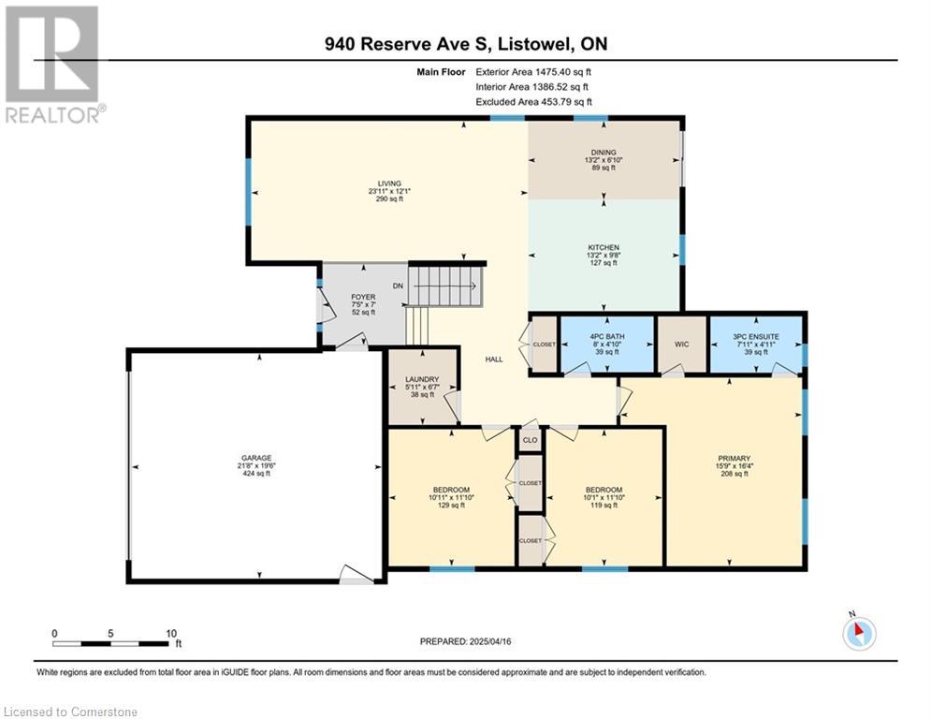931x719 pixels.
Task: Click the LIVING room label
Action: pyautogui.click(x=389, y=183)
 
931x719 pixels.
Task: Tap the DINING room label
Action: pyautogui.click(x=604, y=152)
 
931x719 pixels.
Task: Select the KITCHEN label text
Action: pyautogui.click(x=604, y=247)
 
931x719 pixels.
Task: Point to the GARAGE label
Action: pyautogui.click(x=256, y=458)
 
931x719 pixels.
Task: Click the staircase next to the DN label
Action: pyautogui.click(x=446, y=286)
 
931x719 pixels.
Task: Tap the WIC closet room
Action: pyautogui.click(x=681, y=344)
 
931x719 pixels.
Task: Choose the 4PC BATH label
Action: pyautogui.click(x=607, y=336)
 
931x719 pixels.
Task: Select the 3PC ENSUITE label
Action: pyautogui.click(x=756, y=336)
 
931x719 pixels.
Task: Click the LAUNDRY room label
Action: pyautogui.click(x=422, y=379)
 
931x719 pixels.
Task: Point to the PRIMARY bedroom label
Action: pyautogui.click(x=735, y=458)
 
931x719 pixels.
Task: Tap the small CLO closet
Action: pyautogui.click(x=530, y=440)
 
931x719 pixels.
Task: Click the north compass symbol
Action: pyautogui.click(x=859, y=633)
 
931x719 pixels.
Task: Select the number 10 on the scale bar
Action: pyautogui.click(x=171, y=634)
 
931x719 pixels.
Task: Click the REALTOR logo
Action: pyautogui.click(x=53, y=65)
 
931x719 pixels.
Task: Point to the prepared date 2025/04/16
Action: pyautogui.click(x=490, y=641)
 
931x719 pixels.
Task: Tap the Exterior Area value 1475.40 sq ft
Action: pyautogui.click(x=563, y=72)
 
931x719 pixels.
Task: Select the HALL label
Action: pyautogui.click(x=494, y=359)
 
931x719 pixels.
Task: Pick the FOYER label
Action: pyautogui.click(x=363, y=297)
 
